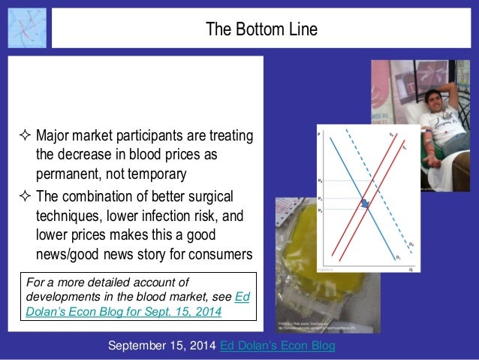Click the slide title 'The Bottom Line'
262,29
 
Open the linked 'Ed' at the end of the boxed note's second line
242,298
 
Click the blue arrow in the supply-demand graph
364,203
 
